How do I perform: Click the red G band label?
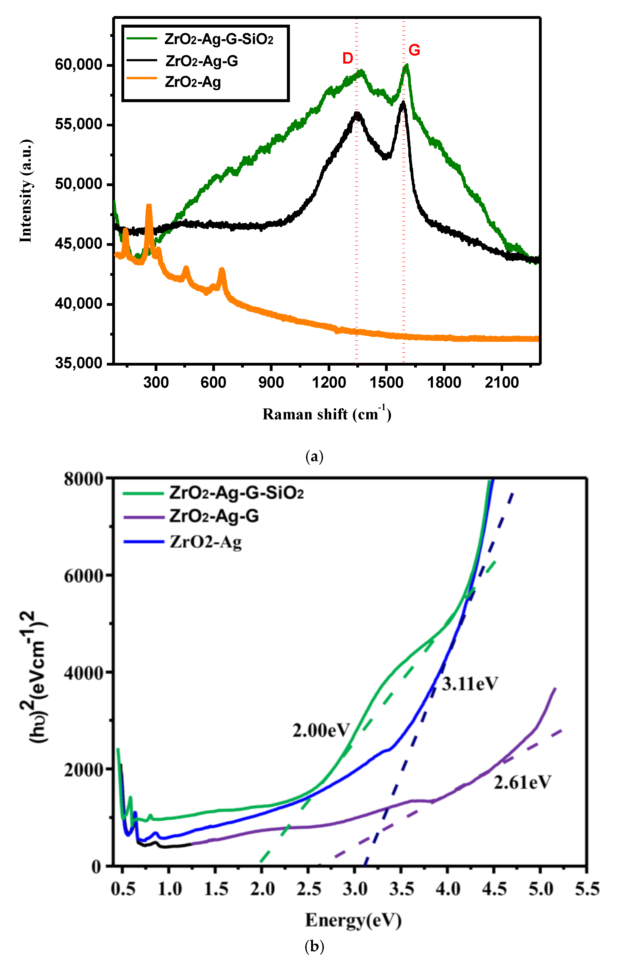pos(414,50)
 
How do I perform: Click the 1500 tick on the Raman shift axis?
pos(386,382)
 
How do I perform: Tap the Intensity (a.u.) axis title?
pos(26,191)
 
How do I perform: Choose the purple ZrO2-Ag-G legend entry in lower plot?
pos(214,516)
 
